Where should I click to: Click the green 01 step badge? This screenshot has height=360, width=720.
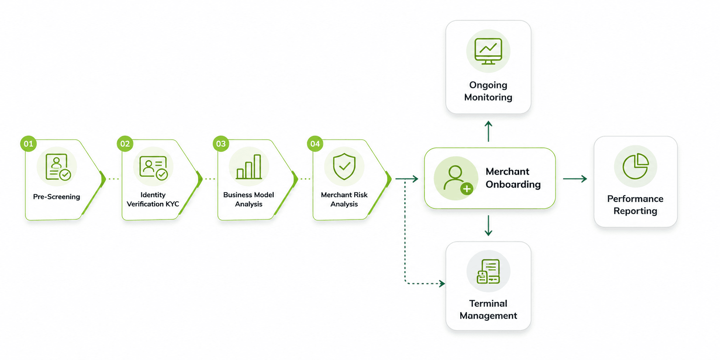[28, 144]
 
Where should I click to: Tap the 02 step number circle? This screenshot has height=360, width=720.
[125, 144]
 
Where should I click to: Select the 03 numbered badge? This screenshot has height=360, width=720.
[221, 144]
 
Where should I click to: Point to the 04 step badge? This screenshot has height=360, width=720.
[315, 144]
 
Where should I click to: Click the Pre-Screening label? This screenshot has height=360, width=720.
[56, 197]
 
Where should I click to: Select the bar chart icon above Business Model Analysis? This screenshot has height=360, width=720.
[249, 167]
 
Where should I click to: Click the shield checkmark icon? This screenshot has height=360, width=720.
[344, 166]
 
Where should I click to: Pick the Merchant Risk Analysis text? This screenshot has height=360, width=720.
[344, 199]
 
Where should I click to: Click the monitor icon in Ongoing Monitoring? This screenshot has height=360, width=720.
[488, 51]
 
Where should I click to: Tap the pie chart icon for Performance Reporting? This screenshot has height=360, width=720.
[636, 166]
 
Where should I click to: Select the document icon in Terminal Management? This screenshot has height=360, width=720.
[488, 271]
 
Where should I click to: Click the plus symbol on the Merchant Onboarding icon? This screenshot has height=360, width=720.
[467, 189]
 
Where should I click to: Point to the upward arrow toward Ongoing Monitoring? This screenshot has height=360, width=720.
[488, 131]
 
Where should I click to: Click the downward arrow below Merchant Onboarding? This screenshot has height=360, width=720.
[488, 226]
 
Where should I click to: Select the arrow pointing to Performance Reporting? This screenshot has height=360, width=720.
[575, 179]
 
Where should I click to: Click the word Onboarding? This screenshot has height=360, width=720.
[513, 185]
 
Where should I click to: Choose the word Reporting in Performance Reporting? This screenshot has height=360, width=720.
[635, 211]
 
